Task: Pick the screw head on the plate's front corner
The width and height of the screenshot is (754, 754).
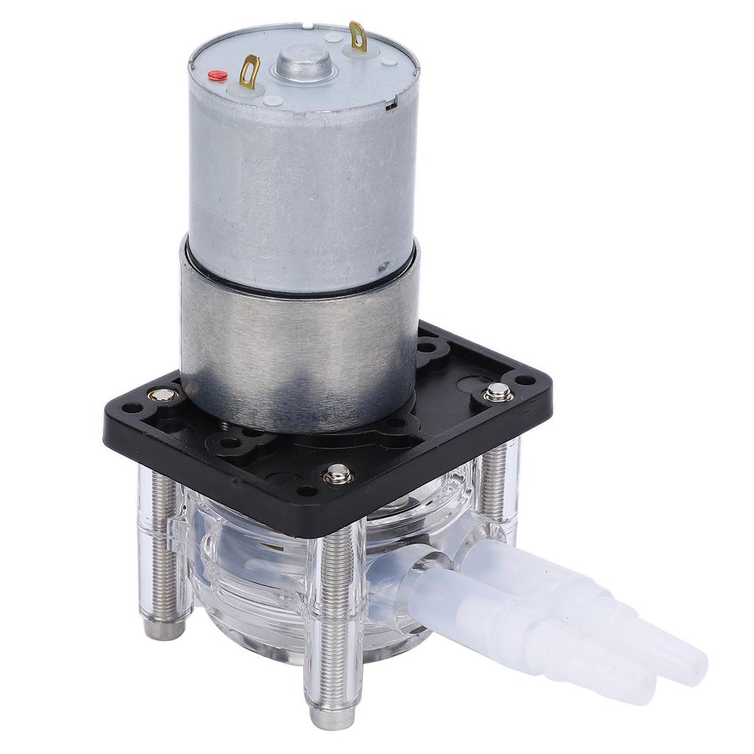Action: coord(338,472)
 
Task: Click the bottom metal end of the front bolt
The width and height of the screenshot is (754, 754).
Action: coord(325,714)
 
